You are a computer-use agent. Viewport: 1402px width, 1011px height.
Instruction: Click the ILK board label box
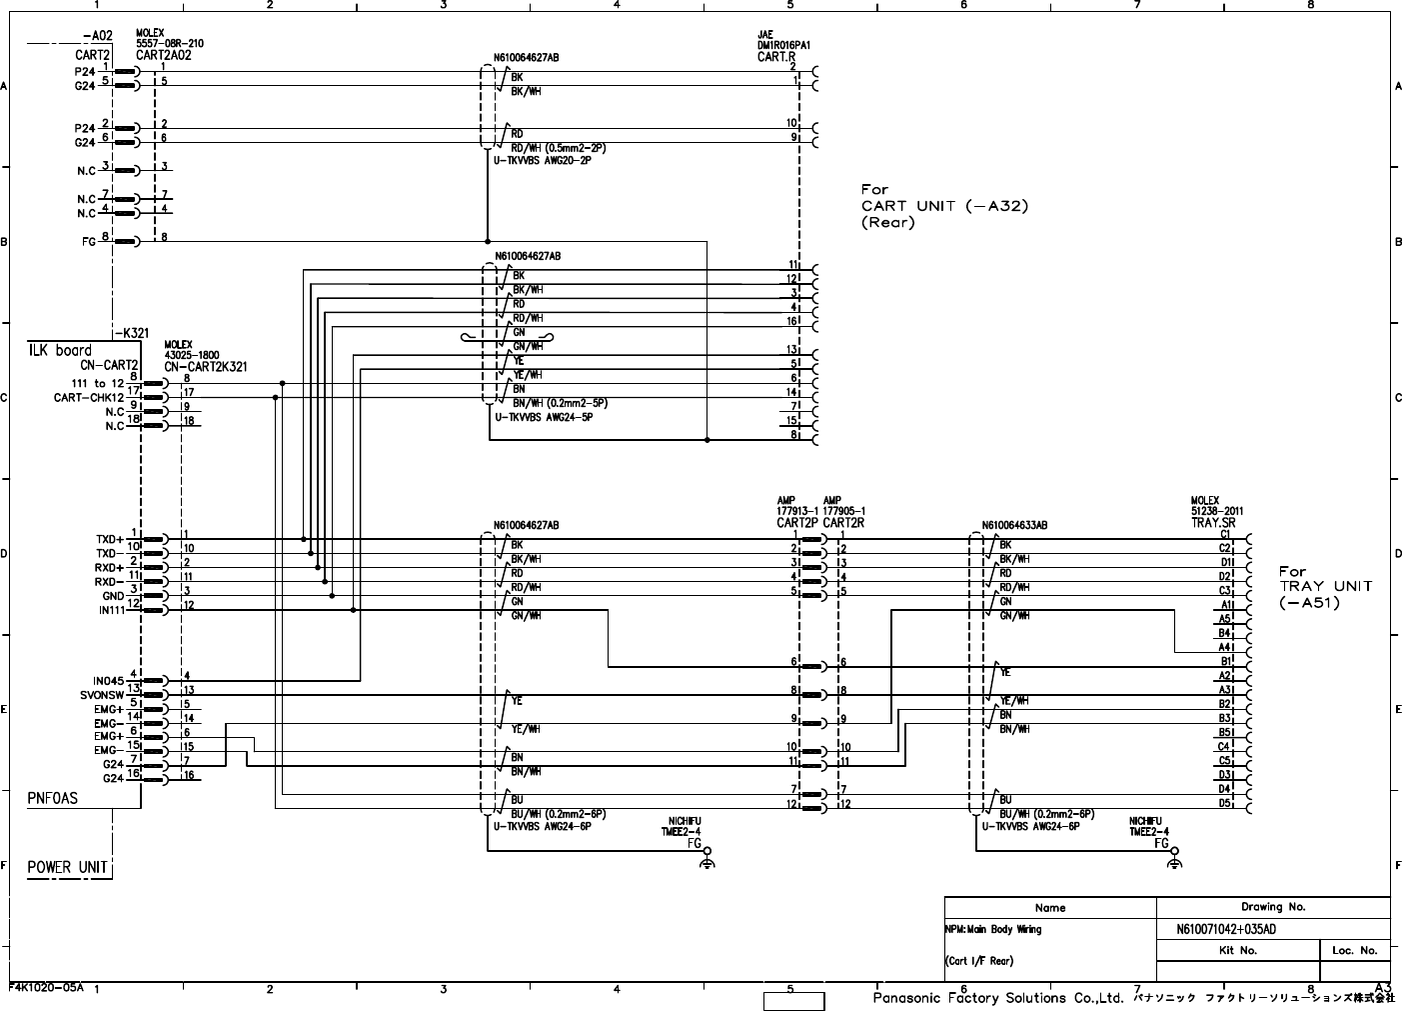click(59, 350)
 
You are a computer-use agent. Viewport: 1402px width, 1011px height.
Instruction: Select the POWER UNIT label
click(67, 867)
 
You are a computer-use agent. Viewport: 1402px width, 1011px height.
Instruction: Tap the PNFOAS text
click(52, 798)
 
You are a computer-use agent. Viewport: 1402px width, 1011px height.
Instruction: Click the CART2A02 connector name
click(163, 56)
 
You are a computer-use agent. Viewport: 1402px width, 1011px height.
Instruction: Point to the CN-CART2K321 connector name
click(206, 367)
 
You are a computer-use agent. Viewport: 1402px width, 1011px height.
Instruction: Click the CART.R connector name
click(776, 57)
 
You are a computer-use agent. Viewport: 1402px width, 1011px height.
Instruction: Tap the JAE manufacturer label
click(765, 34)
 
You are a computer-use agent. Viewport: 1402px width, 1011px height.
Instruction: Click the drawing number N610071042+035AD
click(1226, 930)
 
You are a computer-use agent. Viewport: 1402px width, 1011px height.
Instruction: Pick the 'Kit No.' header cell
click(1238, 950)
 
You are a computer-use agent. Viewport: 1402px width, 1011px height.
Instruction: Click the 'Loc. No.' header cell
click(1354, 950)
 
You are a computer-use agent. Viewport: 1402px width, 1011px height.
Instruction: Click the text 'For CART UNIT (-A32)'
click(944, 206)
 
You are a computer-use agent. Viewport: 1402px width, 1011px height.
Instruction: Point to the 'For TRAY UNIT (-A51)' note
click(1325, 587)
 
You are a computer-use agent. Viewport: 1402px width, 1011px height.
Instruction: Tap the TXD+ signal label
click(109, 539)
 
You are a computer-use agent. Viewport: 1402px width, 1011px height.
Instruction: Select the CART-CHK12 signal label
click(89, 398)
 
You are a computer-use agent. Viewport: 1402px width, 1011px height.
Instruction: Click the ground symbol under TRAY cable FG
click(1175, 863)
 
